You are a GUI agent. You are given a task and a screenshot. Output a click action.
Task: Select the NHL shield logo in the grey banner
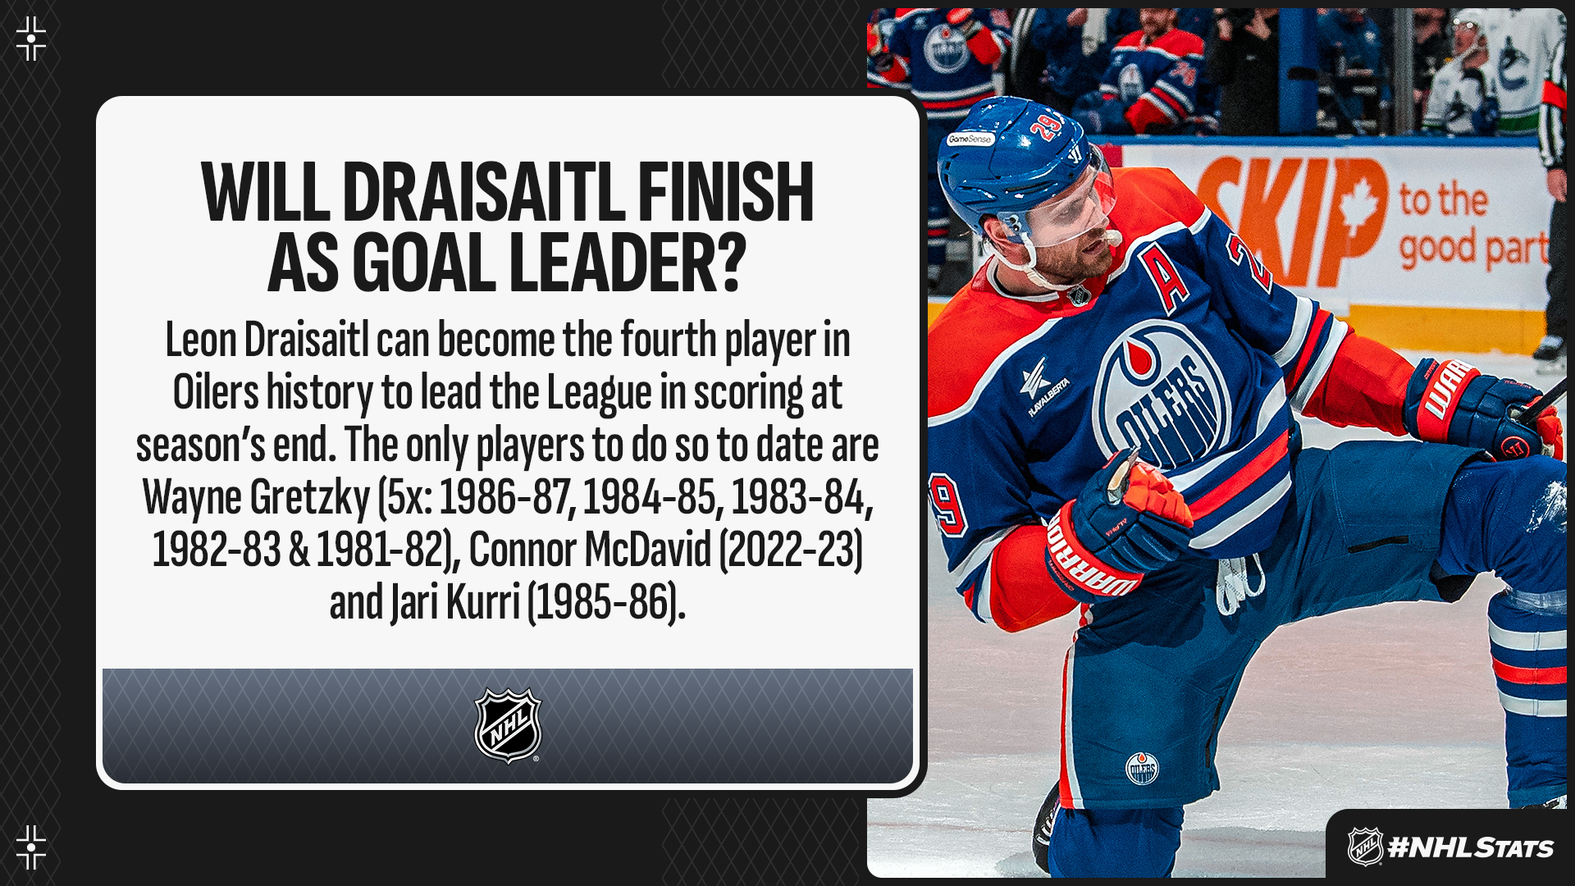(508, 725)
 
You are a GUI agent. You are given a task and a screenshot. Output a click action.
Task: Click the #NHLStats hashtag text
(1470, 847)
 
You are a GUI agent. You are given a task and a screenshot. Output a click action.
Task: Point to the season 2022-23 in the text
(791, 549)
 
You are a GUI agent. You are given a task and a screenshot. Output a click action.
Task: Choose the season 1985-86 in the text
(605, 601)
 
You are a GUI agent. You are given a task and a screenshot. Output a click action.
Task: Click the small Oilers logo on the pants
(1141, 768)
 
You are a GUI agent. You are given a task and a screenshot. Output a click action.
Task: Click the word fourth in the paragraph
(668, 340)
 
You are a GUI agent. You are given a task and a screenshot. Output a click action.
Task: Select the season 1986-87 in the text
(505, 497)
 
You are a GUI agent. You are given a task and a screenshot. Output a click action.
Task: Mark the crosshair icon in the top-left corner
(31, 38)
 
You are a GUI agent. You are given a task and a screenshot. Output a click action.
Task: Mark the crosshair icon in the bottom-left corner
(31, 847)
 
